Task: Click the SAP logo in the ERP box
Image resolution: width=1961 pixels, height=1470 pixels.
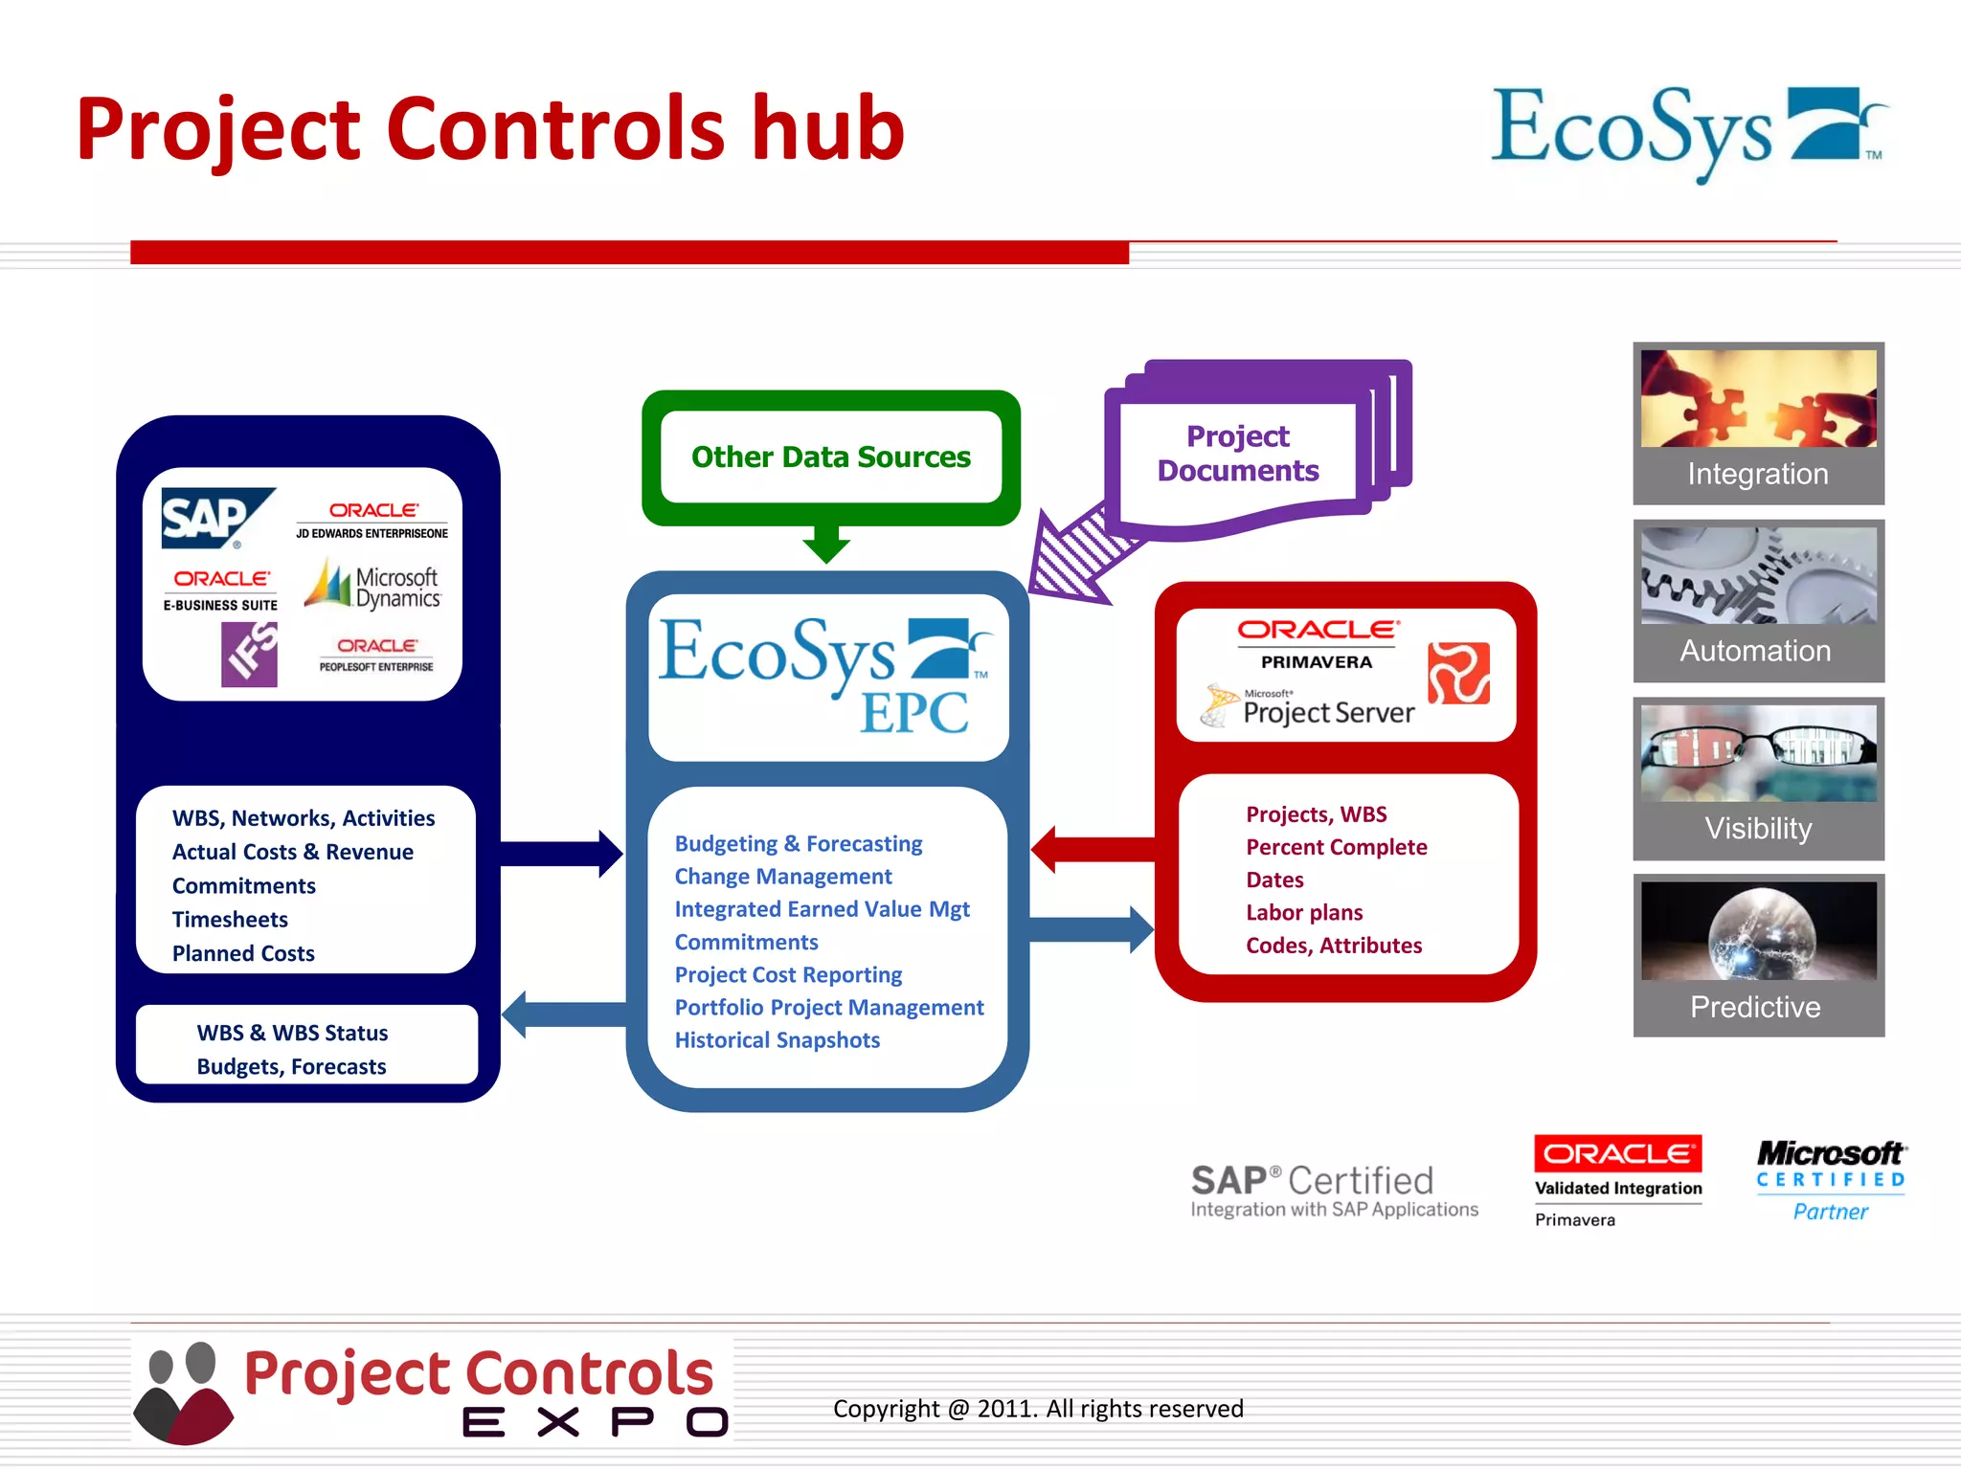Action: click(213, 518)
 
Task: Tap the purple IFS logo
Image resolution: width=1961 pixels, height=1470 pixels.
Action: click(249, 655)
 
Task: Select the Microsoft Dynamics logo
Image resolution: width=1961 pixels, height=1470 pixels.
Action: click(373, 586)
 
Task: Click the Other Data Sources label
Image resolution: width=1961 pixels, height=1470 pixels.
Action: click(830, 457)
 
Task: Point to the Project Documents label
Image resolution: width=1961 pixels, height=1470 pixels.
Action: click(1237, 454)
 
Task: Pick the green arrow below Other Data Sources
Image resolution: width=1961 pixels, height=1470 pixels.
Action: click(826, 544)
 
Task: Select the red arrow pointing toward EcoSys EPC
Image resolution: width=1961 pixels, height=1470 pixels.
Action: click(1092, 849)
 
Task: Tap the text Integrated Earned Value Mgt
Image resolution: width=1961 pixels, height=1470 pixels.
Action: click(822, 909)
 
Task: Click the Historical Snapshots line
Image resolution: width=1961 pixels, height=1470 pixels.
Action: click(777, 1040)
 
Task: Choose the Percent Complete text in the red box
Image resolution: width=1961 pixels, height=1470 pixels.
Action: click(1336, 847)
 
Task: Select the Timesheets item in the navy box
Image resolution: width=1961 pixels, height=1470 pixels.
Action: click(230, 920)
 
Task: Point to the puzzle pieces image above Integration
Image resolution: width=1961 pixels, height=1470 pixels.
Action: click(1758, 398)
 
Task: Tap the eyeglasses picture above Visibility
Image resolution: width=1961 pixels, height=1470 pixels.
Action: click(1758, 751)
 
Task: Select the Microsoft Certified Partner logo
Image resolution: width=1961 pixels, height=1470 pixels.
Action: click(1830, 1180)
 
